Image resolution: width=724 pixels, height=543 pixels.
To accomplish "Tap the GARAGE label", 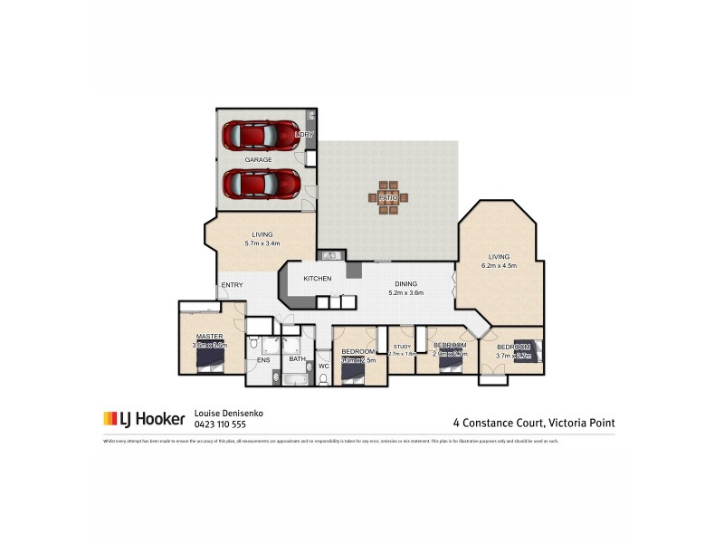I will tap(258, 160).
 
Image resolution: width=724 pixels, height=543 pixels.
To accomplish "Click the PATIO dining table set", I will tap(387, 196).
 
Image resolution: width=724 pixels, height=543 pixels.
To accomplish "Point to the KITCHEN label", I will tap(317, 278).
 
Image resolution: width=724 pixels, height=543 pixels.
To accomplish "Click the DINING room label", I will tap(405, 283).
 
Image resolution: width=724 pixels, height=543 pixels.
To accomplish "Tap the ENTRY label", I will tap(232, 286).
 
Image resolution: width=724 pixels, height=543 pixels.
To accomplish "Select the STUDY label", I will tap(402, 346).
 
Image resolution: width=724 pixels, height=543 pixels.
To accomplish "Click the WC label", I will tap(323, 366).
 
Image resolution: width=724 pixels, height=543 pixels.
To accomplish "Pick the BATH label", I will tap(297, 359).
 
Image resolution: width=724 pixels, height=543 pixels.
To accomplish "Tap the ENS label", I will tap(263, 360).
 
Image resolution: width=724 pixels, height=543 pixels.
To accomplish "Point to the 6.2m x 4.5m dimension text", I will tap(499, 266).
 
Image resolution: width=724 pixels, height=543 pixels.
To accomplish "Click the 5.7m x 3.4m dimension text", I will tap(262, 243).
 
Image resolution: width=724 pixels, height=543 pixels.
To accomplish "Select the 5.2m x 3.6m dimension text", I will tap(405, 293).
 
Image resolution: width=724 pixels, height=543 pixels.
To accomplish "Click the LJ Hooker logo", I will tap(144, 419).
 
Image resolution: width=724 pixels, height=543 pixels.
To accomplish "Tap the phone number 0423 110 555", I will tap(220, 424).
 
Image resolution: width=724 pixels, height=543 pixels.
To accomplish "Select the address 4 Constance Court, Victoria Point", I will tap(534, 422).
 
